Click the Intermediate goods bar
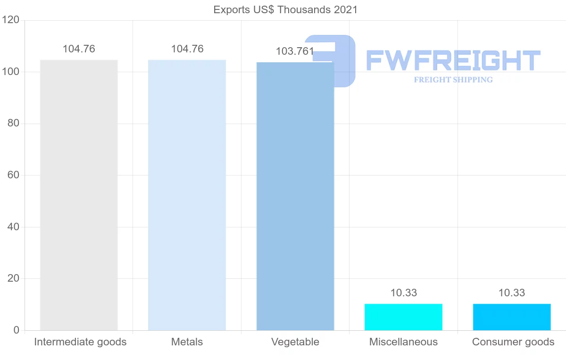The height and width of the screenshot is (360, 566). coord(79,195)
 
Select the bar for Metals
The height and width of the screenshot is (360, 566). coord(187,195)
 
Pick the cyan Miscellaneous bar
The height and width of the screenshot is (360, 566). coord(403,317)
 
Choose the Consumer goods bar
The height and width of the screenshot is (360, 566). coord(512,317)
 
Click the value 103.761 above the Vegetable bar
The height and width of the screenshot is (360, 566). coord(295,51)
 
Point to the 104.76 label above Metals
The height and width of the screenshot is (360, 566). coord(187,49)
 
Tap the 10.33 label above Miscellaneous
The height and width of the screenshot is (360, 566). coord(404,293)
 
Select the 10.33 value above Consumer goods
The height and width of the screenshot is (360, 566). coord(512,293)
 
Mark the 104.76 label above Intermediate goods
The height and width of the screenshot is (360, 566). coord(79,49)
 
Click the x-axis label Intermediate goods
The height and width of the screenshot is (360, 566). coord(80,342)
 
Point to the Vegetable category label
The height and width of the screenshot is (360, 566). coord(295,342)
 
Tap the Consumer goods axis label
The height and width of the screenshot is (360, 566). coord(513,342)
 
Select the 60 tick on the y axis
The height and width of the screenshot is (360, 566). coord(13,176)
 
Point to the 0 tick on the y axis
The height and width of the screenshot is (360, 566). coord(17,330)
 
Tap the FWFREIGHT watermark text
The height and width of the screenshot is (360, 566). coord(453,61)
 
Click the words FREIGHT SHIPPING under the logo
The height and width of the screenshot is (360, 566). coord(453,80)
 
